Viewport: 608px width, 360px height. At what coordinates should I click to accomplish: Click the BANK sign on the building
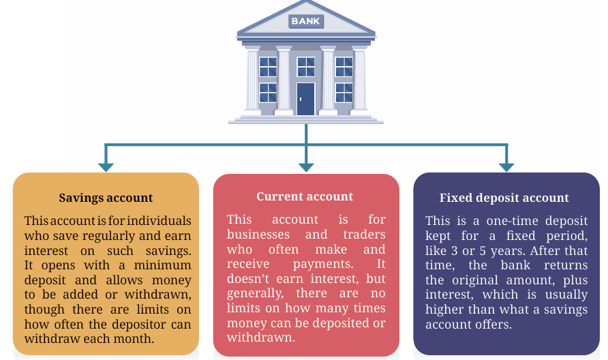tap(306, 21)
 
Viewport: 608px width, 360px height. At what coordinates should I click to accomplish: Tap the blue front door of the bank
tap(306, 99)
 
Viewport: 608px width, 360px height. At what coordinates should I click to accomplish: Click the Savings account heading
tap(106, 198)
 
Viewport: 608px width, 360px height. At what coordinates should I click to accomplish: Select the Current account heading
tap(305, 196)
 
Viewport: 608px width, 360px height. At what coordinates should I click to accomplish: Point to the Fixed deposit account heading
tap(504, 198)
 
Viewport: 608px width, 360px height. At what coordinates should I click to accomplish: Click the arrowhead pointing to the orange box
tap(106, 167)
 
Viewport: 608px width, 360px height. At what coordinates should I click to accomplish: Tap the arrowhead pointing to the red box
tap(306, 167)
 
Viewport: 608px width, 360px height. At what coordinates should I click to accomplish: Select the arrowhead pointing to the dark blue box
tap(506, 167)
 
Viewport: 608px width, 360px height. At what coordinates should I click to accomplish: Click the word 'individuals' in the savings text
tap(159, 221)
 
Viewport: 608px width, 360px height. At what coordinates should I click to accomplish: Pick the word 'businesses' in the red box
tap(258, 235)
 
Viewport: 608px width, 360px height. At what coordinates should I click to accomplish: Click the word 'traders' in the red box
tap(364, 235)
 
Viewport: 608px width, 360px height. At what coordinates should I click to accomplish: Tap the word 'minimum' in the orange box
tap(162, 265)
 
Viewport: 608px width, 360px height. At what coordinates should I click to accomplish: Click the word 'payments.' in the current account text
tap(323, 264)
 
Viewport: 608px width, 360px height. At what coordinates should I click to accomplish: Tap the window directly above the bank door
tap(306, 66)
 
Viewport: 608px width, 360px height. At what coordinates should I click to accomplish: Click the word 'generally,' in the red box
tap(255, 294)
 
